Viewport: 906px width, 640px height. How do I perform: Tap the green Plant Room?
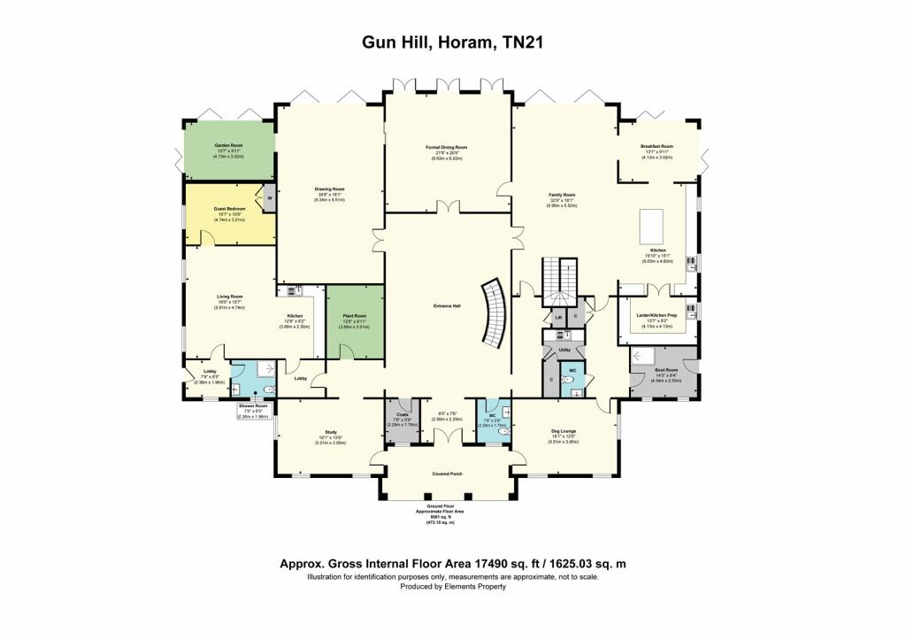pyautogui.click(x=355, y=323)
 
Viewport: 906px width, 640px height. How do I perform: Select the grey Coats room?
pyautogui.click(x=403, y=421)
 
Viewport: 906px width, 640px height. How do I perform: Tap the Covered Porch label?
pyautogui.click(x=447, y=474)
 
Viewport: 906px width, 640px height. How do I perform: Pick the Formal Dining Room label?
pyautogui.click(x=446, y=147)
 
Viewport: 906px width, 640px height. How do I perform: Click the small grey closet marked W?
pyautogui.click(x=268, y=198)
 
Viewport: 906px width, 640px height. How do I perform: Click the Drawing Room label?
pyautogui.click(x=328, y=189)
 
